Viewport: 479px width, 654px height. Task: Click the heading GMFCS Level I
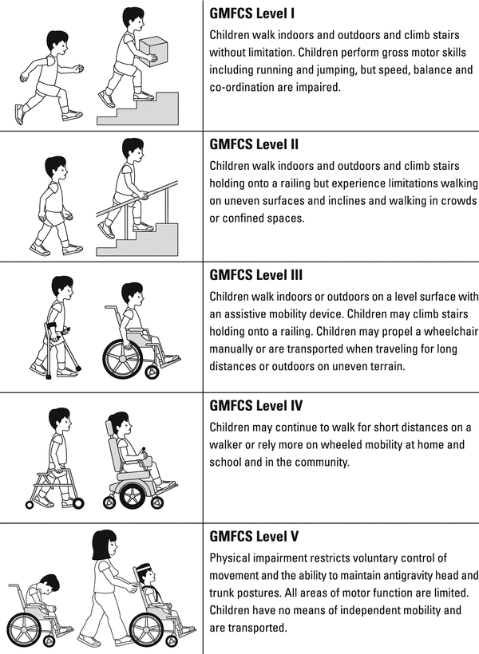click(251, 14)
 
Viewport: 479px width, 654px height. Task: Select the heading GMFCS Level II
click(254, 144)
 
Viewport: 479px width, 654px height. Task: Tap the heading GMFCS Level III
click(256, 275)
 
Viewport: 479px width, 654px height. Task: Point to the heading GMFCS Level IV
click(256, 405)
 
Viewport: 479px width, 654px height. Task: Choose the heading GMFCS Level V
click(254, 536)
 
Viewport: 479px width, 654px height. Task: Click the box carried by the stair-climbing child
click(153, 51)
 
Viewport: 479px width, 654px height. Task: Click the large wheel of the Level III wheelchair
click(123, 359)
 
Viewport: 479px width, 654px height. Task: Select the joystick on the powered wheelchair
click(144, 451)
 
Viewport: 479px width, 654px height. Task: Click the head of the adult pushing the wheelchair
click(105, 545)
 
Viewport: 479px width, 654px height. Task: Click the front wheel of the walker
click(78, 503)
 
